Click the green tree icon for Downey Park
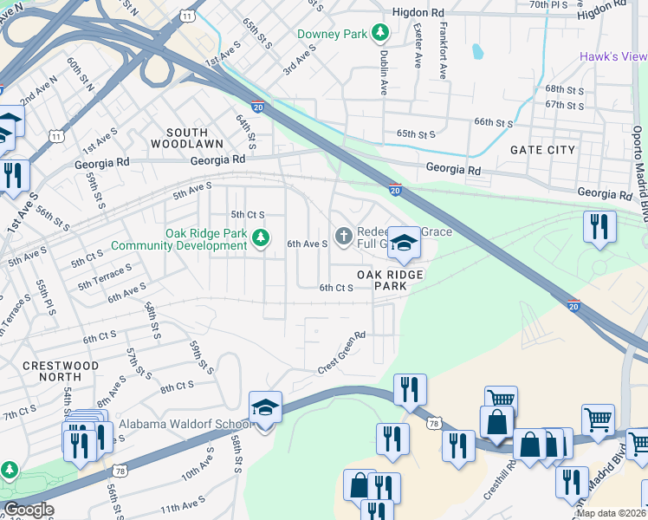[379, 34]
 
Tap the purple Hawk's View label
[612, 57]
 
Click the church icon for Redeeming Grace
[344, 236]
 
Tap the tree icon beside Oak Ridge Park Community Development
[260, 236]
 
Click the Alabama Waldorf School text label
[185, 424]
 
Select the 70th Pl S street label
[548, 5]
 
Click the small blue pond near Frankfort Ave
[477, 52]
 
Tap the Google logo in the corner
[28, 510]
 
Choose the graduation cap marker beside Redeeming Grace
[404, 244]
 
